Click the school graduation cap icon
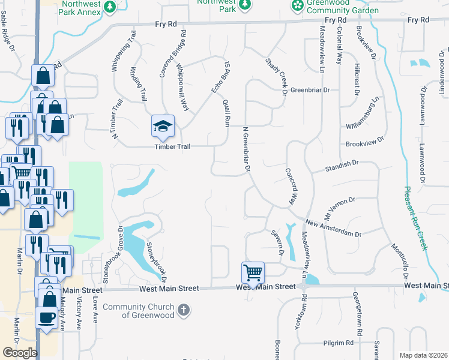(163, 126)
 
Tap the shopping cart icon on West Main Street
(253, 273)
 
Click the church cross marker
(184, 311)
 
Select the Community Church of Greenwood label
(139, 311)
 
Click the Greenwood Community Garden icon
(297, 6)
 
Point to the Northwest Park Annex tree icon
(109, 7)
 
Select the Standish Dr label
(342, 163)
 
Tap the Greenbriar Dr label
(310, 90)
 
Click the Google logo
(20, 353)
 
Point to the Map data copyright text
(423, 355)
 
